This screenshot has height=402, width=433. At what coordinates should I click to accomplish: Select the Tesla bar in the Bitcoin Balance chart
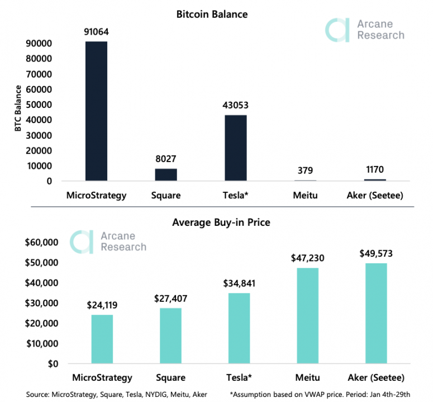pos(236,148)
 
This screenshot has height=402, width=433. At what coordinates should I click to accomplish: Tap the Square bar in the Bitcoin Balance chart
pos(166,174)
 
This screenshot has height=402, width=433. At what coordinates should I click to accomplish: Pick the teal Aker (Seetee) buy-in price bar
pos(375,314)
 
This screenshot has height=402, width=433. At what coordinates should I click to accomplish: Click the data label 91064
pos(96,32)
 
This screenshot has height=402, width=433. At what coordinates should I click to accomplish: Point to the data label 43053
pos(235,105)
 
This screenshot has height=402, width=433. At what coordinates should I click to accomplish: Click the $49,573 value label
pos(375,253)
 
